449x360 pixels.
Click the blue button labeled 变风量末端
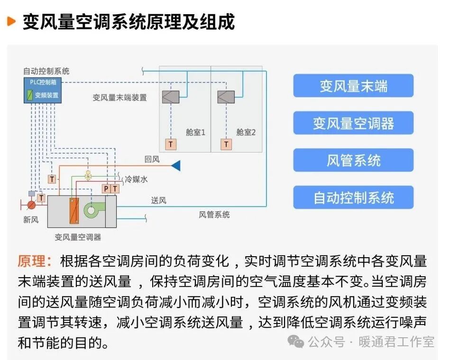pos(353,86)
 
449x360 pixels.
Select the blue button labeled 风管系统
pos(353,161)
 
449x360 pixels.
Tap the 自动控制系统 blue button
pos(353,198)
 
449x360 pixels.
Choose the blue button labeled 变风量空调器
pos(353,124)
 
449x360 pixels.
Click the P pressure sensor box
pos(106,189)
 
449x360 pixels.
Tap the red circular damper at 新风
pos(31,205)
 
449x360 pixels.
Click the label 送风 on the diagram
pos(158,200)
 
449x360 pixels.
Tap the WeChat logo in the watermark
pos(297,342)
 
